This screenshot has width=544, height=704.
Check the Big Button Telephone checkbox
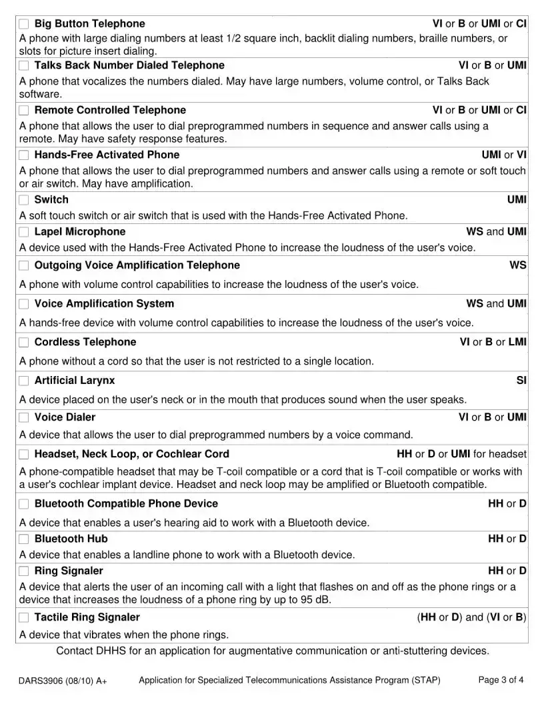24,24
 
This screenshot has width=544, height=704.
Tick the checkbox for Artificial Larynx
24,381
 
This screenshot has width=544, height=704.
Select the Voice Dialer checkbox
24,417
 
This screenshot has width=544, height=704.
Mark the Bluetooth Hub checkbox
24,539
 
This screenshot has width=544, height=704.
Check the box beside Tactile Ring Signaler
24,617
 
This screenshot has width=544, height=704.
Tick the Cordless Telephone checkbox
24,342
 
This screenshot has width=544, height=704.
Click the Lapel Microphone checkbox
24,232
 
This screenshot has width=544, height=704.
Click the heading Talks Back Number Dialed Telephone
129,65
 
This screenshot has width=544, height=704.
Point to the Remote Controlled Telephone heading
110,110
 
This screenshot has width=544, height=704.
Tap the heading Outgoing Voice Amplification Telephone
137,265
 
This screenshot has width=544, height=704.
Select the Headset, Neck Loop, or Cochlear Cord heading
131,454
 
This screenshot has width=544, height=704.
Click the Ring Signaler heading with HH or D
69,571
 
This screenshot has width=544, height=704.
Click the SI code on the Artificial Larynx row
521,381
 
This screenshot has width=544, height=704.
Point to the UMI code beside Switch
517,199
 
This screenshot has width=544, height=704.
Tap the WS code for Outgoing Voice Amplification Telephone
518,265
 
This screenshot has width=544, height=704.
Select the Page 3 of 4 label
501,680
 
